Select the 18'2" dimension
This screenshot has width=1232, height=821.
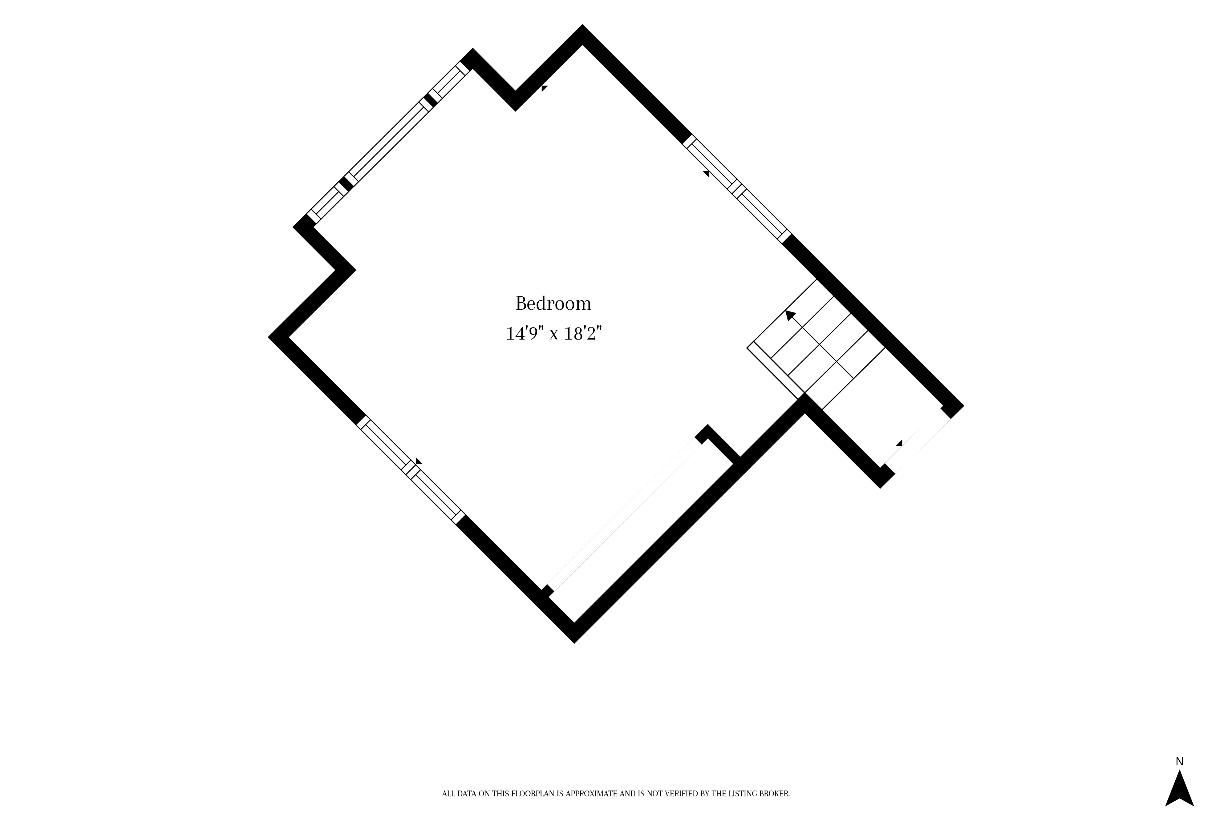point(582,333)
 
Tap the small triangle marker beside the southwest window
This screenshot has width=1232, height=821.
point(419,461)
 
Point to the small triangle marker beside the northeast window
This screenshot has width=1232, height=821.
point(706,173)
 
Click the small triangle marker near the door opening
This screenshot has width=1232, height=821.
point(899,443)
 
